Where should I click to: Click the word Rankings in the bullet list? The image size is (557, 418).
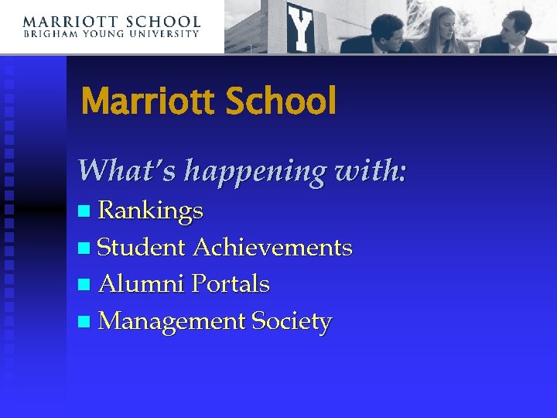[x=151, y=211]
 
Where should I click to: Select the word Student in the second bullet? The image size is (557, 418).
[x=142, y=248]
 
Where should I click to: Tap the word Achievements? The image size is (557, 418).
[x=272, y=248]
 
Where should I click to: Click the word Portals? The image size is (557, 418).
[x=231, y=284]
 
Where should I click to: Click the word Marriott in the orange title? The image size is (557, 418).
[x=144, y=101]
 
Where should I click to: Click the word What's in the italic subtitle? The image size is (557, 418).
[x=127, y=170]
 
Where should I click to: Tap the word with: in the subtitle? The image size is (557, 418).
[x=371, y=170]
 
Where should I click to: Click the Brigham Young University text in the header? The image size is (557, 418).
[x=111, y=34]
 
